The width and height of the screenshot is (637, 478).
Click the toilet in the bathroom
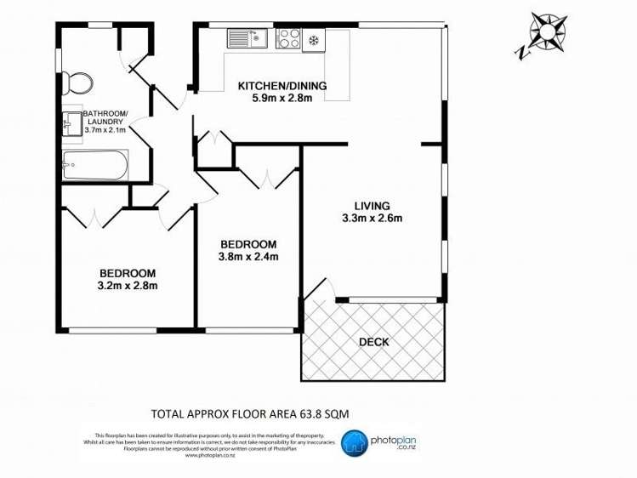point(78,83)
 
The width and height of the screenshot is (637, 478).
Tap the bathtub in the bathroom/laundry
point(94,163)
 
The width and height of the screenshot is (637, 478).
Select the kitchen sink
point(247,38)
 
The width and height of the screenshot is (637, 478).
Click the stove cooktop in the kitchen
point(288,38)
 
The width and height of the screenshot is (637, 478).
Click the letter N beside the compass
point(520,53)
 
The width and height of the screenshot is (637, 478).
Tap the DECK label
point(373,343)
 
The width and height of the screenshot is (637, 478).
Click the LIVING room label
point(373,206)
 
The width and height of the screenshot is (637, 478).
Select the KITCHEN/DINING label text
point(282,86)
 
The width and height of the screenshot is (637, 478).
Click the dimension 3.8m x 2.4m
point(248,256)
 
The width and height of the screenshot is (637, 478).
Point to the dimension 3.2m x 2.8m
point(128,286)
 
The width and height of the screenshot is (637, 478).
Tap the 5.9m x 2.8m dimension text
point(282,99)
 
